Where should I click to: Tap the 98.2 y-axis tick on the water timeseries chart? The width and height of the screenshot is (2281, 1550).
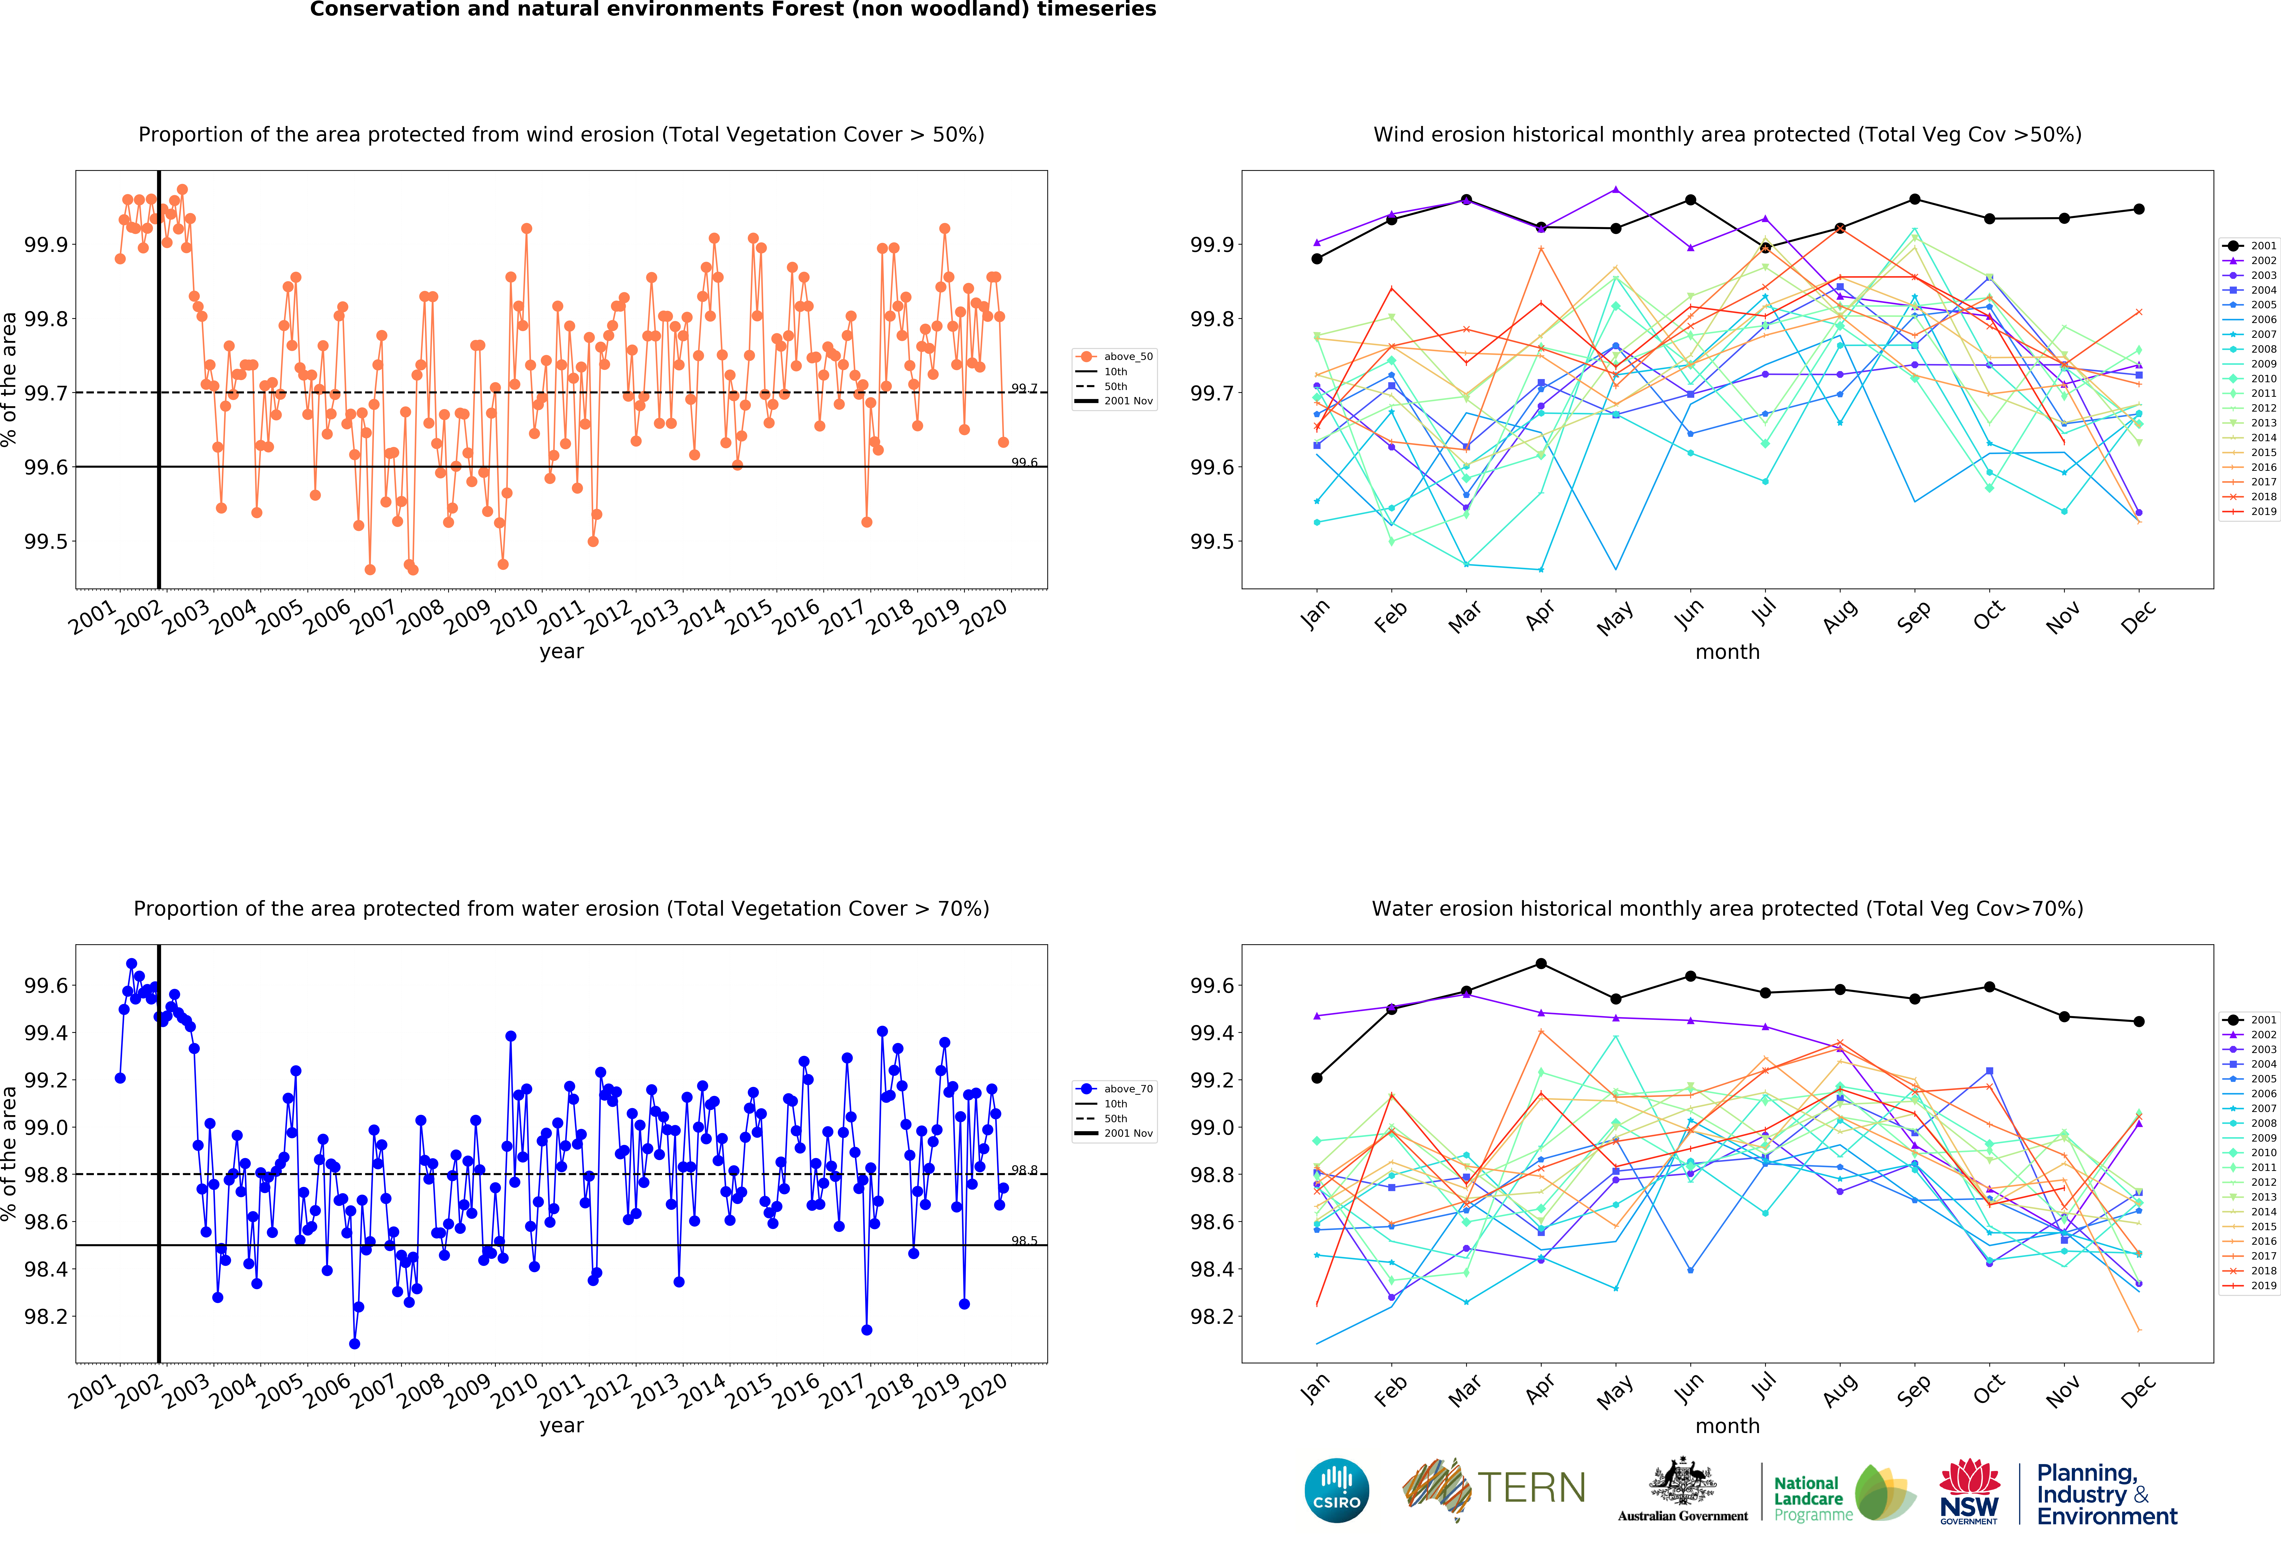[46, 1316]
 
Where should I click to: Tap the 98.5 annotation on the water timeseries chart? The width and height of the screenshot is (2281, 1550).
[1024, 1241]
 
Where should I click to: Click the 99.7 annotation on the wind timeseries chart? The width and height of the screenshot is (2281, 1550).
[1024, 389]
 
